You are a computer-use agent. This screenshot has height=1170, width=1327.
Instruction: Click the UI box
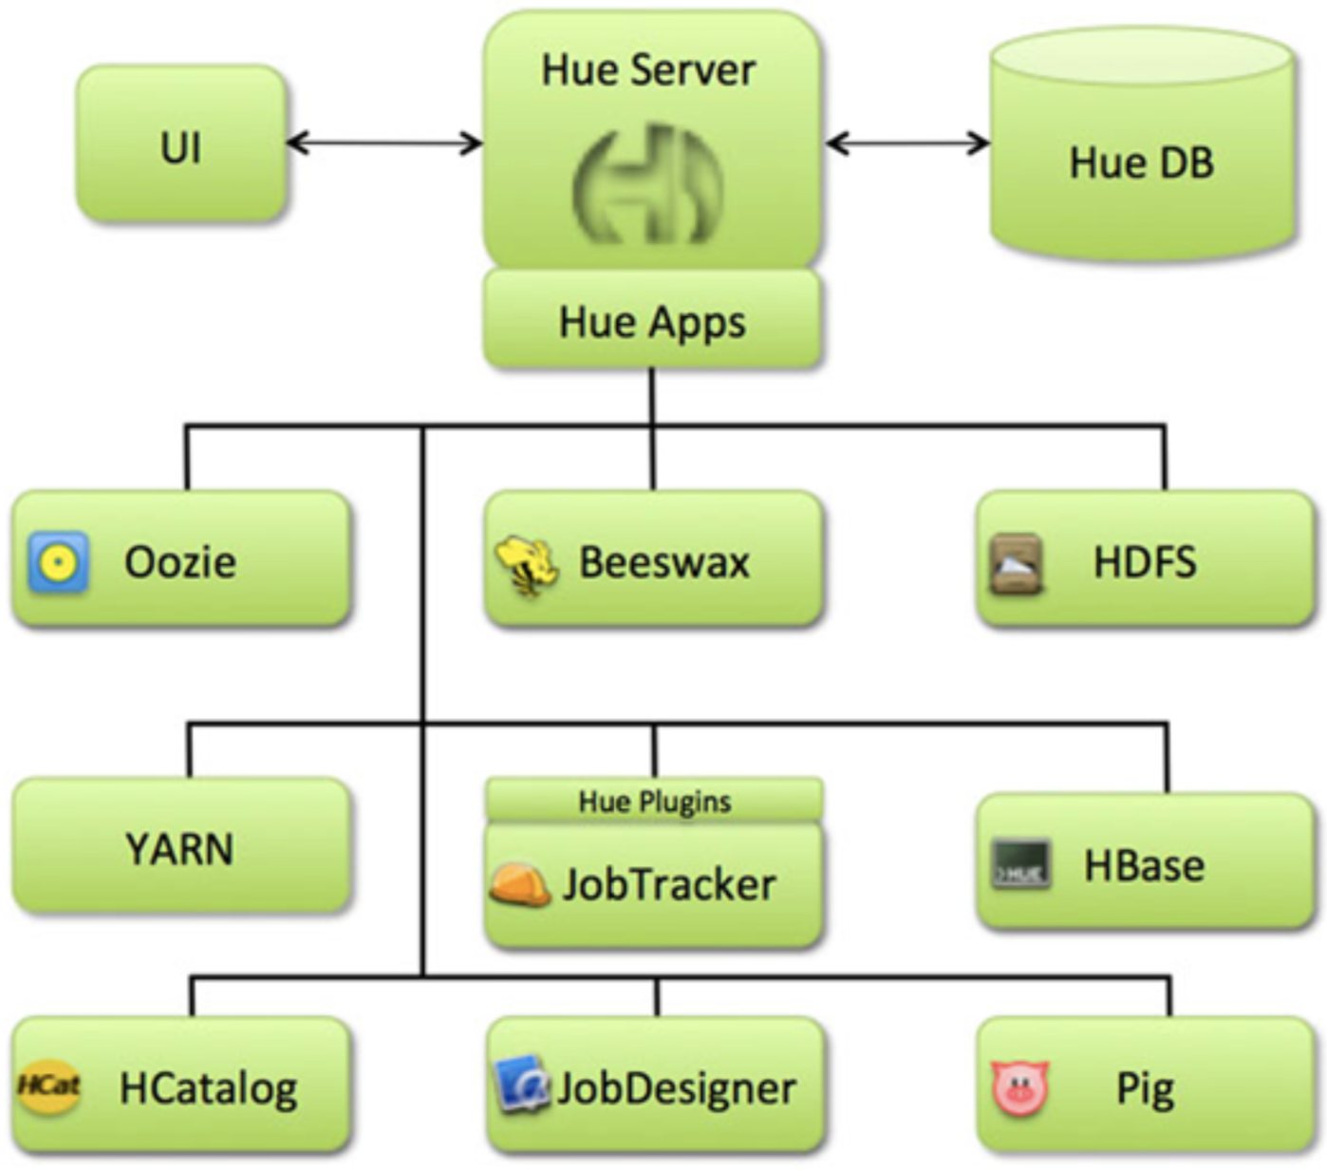[180, 144]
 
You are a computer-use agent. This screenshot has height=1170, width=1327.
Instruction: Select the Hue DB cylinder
[1141, 152]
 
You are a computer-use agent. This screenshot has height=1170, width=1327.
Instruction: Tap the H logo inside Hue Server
[648, 184]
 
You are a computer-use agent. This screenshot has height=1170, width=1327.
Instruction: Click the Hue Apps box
[652, 320]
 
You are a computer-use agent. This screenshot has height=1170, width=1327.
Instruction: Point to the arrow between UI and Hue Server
[383, 143]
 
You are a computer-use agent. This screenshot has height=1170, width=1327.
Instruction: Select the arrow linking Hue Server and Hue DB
[906, 143]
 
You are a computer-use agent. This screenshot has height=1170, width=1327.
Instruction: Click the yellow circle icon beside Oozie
[59, 563]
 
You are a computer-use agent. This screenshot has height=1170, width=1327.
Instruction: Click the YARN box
[180, 847]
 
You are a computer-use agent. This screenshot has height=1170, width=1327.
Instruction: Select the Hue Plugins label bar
[654, 801]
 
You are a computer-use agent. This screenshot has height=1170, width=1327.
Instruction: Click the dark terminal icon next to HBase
[1020, 865]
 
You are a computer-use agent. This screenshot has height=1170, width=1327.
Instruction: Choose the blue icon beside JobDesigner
[521, 1084]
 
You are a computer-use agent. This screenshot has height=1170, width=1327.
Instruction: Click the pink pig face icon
[1019, 1087]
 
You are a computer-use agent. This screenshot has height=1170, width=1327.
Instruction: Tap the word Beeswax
[664, 562]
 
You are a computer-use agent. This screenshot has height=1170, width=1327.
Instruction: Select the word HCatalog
[208, 1088]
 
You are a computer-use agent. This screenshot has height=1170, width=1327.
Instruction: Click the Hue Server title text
[648, 70]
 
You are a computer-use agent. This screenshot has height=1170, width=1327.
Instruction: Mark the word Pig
[1145, 1088]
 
